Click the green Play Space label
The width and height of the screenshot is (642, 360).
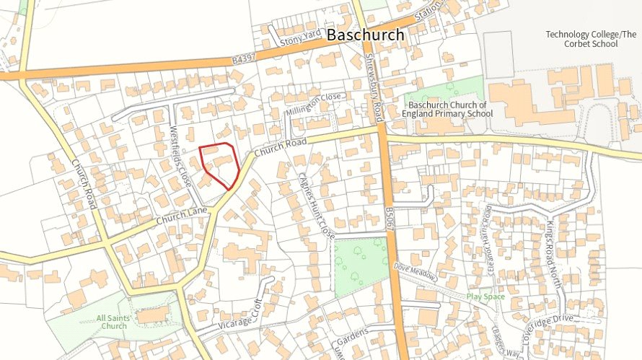pos(485,297)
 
